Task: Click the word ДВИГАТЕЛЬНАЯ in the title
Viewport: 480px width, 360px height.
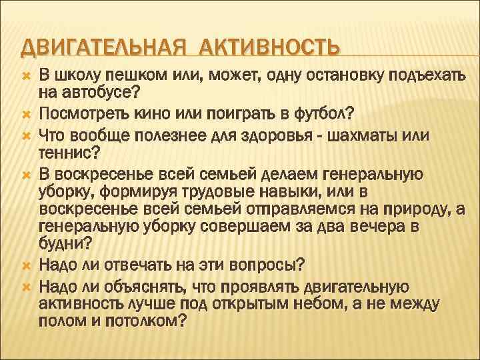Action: [x=93, y=48]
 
